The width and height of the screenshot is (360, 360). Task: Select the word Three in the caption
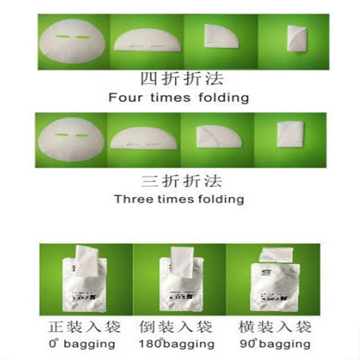129,199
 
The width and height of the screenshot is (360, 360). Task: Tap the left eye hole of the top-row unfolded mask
61,37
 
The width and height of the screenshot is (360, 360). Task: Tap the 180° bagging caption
177,343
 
